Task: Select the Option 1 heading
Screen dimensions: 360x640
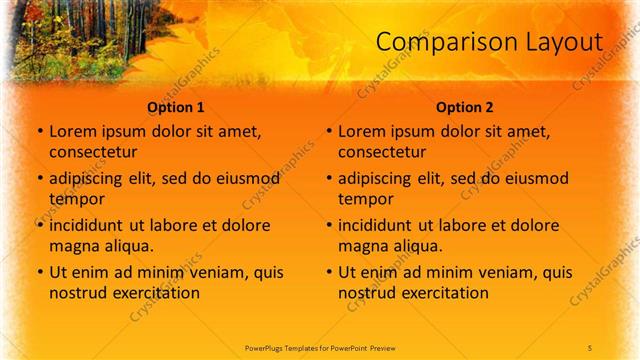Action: pyautogui.click(x=176, y=107)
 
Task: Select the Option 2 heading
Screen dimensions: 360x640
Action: pyautogui.click(x=465, y=107)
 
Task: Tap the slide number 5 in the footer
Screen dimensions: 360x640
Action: pyautogui.click(x=590, y=346)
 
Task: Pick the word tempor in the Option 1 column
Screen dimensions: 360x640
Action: pyautogui.click(x=75, y=198)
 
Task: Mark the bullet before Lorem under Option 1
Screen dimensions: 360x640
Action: pyautogui.click(x=40, y=132)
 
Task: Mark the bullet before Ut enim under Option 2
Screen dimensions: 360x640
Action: pyautogui.click(x=330, y=272)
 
